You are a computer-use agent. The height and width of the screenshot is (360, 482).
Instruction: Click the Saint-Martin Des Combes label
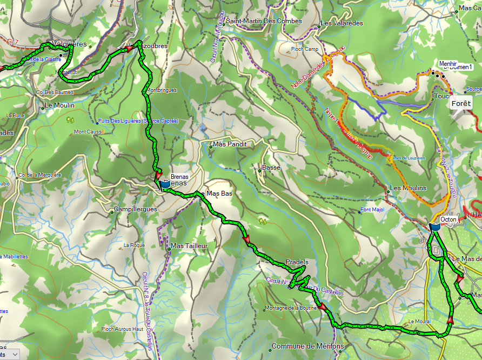[264, 21]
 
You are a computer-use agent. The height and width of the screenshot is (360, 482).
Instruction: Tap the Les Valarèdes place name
[341, 23]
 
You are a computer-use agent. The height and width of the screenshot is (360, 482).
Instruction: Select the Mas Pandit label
[230, 144]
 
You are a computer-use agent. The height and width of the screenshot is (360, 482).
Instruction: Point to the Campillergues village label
[136, 209]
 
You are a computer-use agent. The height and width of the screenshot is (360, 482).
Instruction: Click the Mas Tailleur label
[189, 246]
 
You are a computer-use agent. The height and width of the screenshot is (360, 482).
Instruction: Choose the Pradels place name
[297, 262]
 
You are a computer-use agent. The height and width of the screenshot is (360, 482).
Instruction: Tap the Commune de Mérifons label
[307, 346]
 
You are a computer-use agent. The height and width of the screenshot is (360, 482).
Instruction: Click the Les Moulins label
[408, 188]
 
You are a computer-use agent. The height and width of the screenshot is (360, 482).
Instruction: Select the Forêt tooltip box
[461, 103]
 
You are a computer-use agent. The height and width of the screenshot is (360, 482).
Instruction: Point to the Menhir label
[448, 63]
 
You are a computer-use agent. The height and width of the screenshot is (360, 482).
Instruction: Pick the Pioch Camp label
[304, 49]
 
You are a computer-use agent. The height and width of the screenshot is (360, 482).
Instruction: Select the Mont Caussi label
[89, 131]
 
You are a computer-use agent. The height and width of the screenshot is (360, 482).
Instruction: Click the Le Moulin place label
[59, 105]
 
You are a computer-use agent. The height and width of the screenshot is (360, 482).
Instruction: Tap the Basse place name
[271, 168]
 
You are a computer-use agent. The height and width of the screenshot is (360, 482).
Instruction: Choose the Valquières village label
[70, 44]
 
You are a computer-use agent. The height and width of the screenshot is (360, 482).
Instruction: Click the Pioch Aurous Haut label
[122, 329]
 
